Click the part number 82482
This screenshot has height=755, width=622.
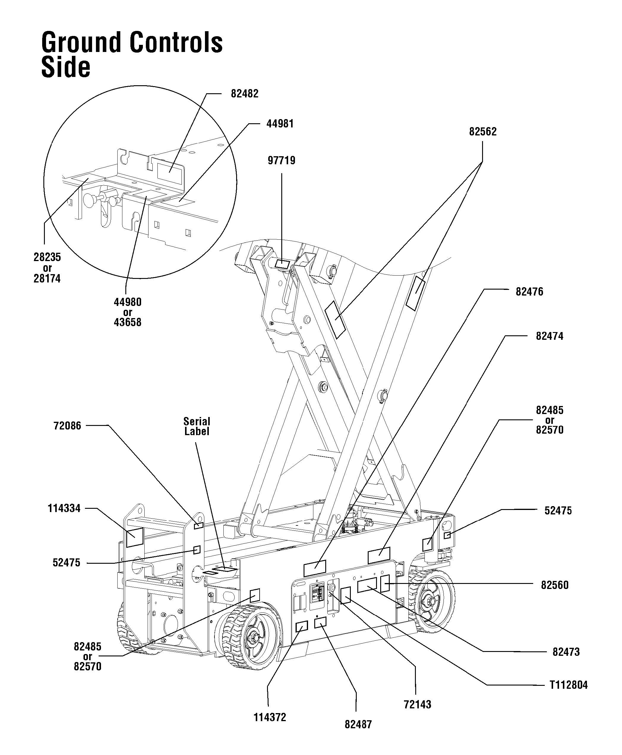tap(244, 94)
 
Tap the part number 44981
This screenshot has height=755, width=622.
tap(280, 124)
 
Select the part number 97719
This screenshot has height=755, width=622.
tap(282, 160)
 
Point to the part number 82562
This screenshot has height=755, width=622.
tap(483, 132)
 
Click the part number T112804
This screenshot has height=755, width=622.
tap(569, 685)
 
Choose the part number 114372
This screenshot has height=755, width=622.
tap(270, 717)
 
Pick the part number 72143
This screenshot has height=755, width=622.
tap(417, 705)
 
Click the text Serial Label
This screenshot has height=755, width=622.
tap(197, 426)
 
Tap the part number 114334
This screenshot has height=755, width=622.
tap(64, 508)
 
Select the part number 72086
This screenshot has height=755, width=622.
tap(67, 426)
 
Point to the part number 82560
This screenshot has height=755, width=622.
tap(554, 585)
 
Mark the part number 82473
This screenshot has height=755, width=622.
tap(566, 652)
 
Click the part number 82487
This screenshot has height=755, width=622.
tap(358, 724)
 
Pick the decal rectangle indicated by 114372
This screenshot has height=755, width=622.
tap(302, 626)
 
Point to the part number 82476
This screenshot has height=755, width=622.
tap(529, 292)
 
